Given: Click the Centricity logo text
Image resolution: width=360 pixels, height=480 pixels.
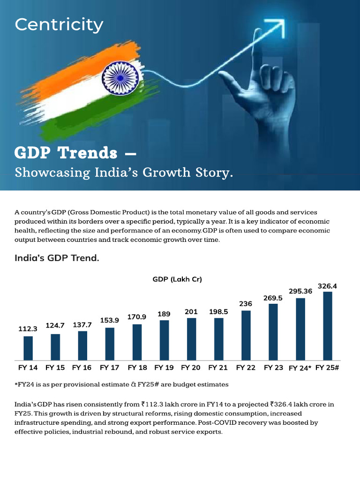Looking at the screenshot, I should [x=59, y=24].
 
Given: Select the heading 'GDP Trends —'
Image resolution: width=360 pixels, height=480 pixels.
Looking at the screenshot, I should [x=75, y=152].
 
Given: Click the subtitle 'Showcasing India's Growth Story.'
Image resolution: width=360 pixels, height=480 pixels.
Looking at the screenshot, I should [x=124, y=172].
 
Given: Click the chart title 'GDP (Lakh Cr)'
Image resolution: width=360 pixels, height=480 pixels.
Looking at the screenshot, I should [x=177, y=279].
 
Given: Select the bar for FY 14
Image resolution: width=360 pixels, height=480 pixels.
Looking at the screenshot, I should [x=28, y=347].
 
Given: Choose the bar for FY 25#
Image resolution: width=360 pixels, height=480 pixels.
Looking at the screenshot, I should [x=327, y=325].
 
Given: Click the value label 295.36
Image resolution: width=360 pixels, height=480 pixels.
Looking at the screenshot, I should [x=300, y=291].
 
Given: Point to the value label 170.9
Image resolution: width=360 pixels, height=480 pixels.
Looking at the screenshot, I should [x=137, y=317].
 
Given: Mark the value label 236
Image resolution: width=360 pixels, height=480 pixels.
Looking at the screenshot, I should [x=246, y=304].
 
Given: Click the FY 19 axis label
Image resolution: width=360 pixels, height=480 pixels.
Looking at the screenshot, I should [x=164, y=368].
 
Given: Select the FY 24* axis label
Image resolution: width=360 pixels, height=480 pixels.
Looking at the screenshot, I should [x=300, y=368].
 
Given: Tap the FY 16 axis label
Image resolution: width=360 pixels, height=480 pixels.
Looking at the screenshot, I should [x=82, y=368].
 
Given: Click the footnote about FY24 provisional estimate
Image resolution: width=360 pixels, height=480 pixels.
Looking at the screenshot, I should [x=121, y=385].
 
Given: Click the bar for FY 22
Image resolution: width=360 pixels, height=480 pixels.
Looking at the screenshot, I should [x=246, y=335].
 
